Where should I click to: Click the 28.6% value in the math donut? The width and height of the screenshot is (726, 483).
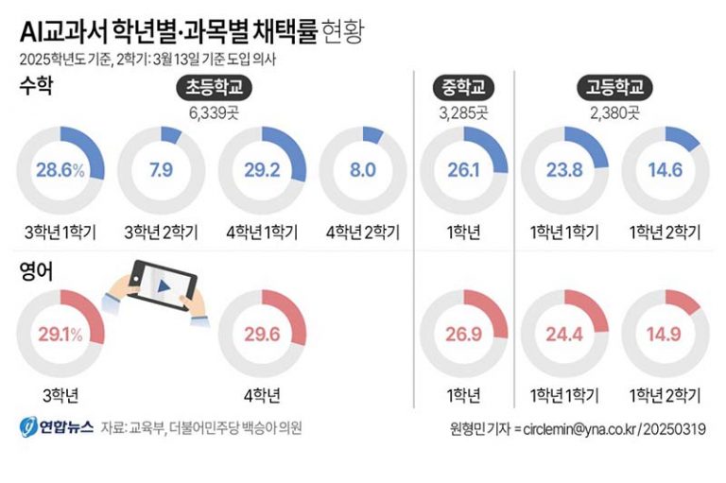coord(61,171)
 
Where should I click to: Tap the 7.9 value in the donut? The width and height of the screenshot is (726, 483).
coord(161,171)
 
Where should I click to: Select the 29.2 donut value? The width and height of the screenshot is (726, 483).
coord(262,171)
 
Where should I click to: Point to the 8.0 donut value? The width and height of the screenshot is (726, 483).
coord(363,171)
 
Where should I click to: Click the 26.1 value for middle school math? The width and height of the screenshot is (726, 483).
coord(464,171)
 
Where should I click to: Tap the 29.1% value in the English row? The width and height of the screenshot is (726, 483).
coord(61,334)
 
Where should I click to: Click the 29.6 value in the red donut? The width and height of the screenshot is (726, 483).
coord(262,334)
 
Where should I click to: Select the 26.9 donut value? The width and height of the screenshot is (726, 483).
coord(464,334)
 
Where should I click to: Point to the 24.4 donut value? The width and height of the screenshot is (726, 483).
coord(565,334)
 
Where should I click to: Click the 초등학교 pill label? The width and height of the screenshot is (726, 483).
coord(214,89)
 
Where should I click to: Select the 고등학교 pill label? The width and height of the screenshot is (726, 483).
coord(614,89)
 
